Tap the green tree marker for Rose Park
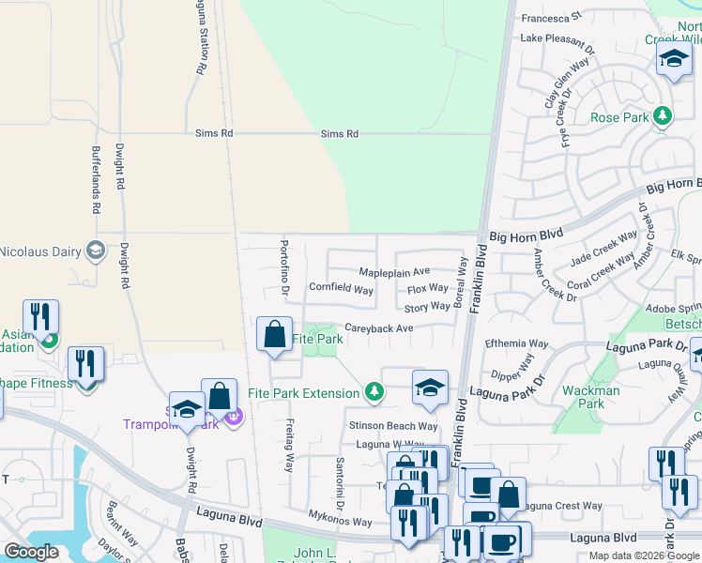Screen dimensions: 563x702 [x=664, y=116]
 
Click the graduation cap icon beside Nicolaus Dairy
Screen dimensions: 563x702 [x=95, y=250]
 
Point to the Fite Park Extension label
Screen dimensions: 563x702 [x=303, y=393]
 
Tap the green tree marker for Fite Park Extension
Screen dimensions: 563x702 [x=374, y=391]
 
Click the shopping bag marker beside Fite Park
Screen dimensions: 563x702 [x=274, y=335]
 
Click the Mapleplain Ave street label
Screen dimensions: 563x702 [x=394, y=272]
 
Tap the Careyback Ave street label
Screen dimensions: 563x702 [x=379, y=328]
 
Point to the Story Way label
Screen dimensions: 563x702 [x=427, y=307]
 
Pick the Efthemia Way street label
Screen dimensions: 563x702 [x=516, y=344]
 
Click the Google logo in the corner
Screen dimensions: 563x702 [x=30, y=552]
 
